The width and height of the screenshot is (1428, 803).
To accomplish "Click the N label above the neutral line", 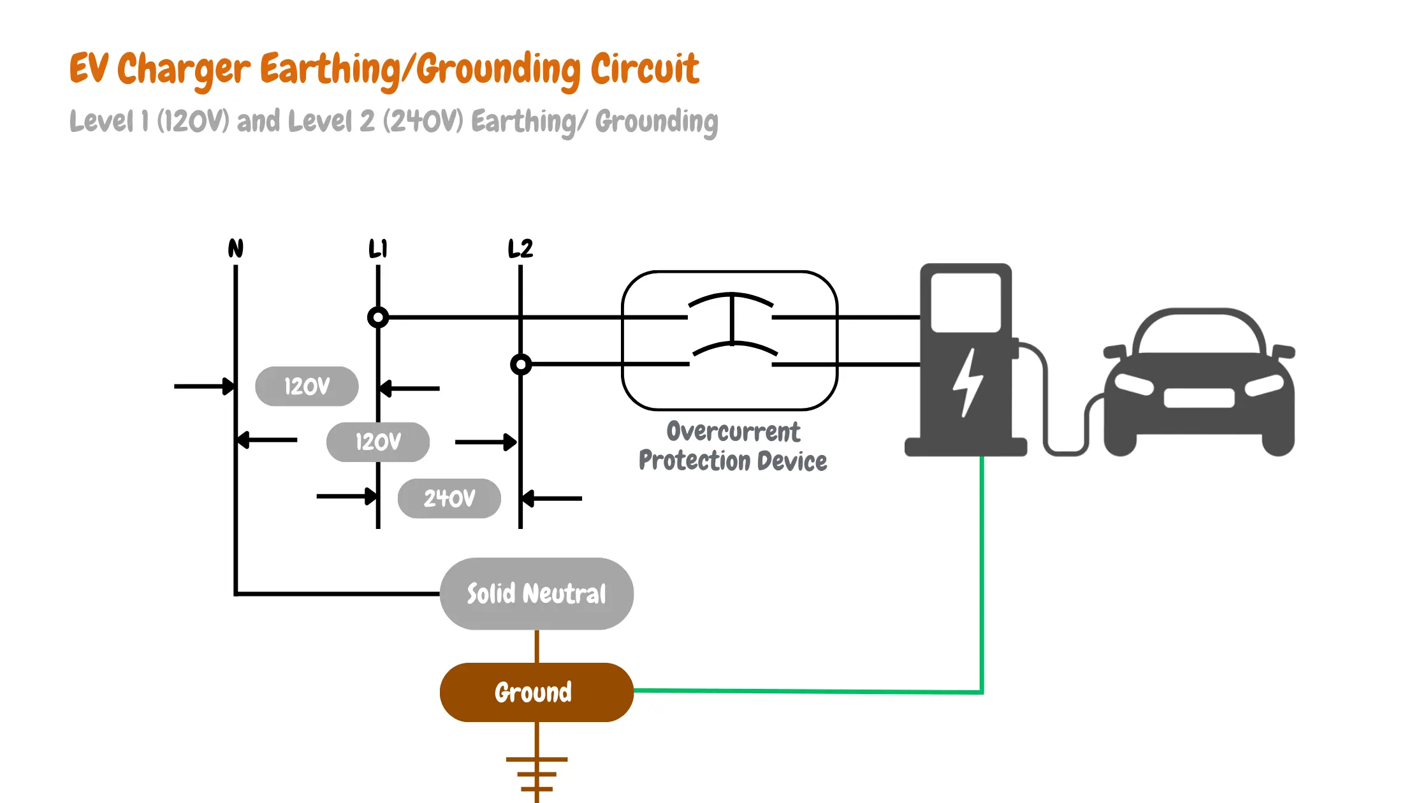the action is point(236,248).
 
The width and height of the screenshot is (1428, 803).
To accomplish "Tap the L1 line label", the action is point(378,248).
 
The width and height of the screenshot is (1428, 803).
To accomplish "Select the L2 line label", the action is point(520,248).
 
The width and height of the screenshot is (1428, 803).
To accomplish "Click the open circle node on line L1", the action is point(378,317).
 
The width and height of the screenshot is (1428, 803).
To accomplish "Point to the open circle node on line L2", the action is point(521,365).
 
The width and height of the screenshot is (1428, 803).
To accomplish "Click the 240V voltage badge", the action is point(449,498).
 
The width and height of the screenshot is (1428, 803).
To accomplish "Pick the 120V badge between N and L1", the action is point(307,386).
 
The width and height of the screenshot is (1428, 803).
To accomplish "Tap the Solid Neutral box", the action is point(537,594).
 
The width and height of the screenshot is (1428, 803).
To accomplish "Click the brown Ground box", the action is point(537,692).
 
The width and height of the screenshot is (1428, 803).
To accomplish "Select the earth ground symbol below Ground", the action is point(537,774).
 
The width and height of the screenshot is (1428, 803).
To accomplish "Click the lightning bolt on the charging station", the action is point(968,382).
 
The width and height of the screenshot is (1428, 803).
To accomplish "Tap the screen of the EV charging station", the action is point(966,303).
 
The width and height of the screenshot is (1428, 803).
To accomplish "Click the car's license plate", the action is point(1199,398).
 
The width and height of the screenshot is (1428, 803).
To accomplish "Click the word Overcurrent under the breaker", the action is point(733,431).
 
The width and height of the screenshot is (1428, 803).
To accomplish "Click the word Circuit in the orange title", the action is point(645,68).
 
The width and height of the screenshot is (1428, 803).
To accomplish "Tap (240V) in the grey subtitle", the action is point(423,120).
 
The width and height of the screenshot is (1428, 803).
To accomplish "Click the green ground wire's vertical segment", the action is point(982,574).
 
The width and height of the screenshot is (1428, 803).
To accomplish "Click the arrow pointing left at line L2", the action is point(551,498).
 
